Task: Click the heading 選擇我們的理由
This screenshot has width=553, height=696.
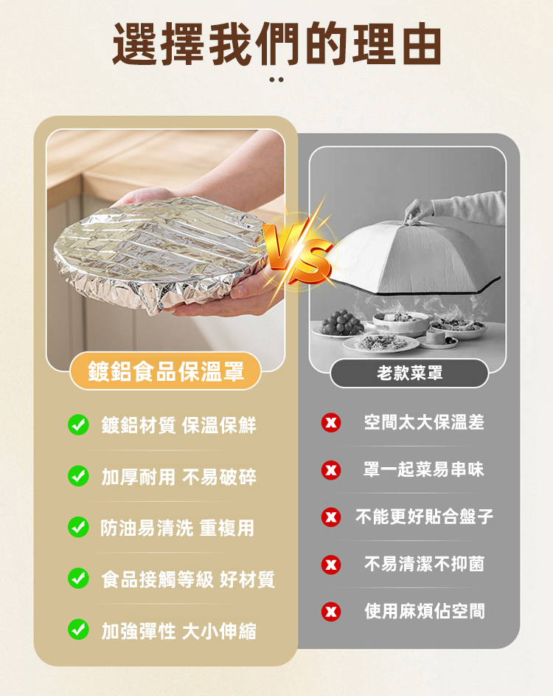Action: pyautogui.click(x=276, y=44)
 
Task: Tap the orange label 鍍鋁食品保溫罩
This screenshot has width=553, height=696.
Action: pyautogui.click(x=165, y=371)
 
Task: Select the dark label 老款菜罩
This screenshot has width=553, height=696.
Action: pyautogui.click(x=409, y=373)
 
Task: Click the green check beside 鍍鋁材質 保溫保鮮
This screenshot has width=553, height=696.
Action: pyautogui.click(x=78, y=425)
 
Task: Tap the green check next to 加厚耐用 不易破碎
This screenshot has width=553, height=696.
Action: pyautogui.click(x=78, y=476)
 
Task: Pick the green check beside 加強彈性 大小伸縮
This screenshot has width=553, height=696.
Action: pyautogui.click(x=78, y=630)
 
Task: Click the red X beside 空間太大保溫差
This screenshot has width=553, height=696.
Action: pyautogui.click(x=331, y=422)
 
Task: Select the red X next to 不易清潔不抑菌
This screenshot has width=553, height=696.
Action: pyautogui.click(x=331, y=565)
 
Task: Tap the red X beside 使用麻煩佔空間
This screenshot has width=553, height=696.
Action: pyautogui.click(x=331, y=611)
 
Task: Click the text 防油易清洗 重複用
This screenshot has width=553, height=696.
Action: pyautogui.click(x=178, y=528)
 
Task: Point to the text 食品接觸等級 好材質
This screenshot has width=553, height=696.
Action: pyautogui.click(x=188, y=579)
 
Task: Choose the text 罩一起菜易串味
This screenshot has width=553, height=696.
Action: pyautogui.click(x=423, y=469)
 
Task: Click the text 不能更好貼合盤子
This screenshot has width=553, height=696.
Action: pyautogui.click(x=425, y=517)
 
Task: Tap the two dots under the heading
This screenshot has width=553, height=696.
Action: pyautogui.click(x=276, y=80)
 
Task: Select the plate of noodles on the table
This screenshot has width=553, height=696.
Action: pyautogui.click(x=381, y=342)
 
